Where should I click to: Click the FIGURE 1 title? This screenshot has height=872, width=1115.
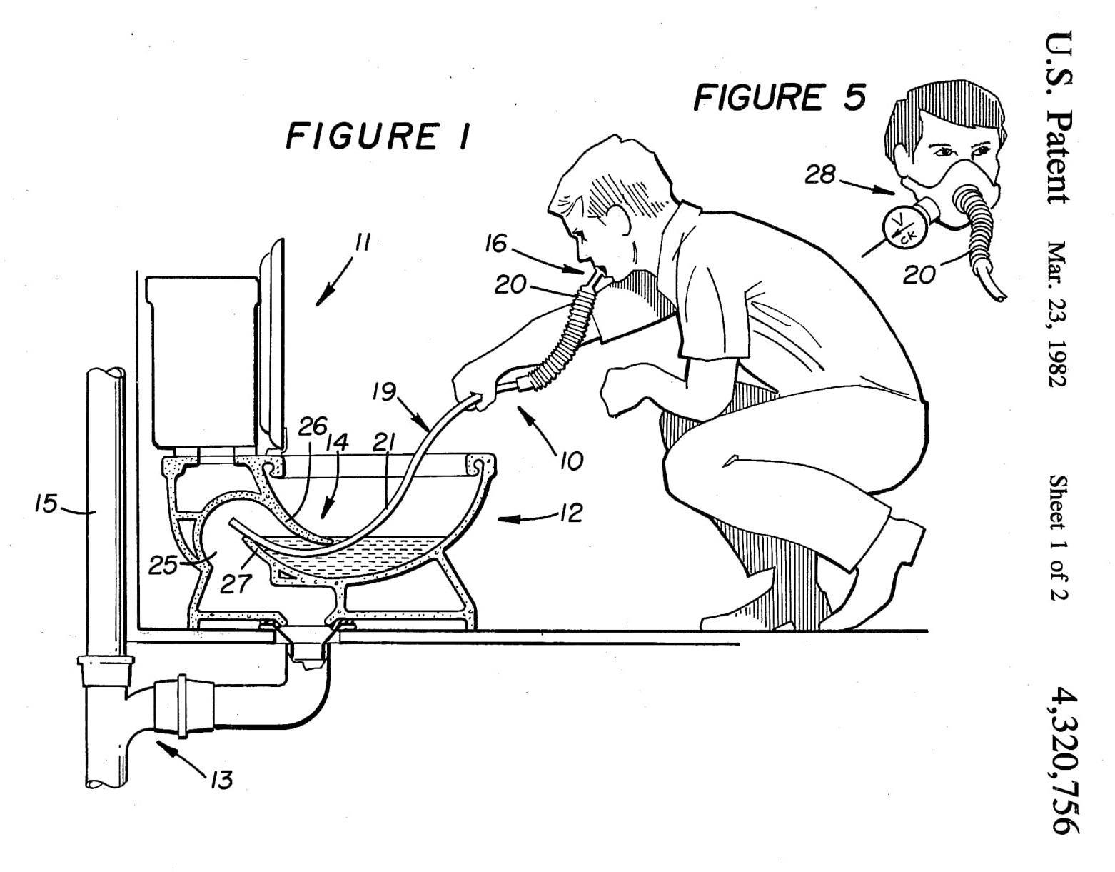point(378,136)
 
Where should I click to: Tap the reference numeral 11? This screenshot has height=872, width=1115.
point(362,244)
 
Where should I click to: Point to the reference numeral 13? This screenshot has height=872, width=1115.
point(221,780)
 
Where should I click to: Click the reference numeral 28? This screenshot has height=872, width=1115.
point(820,174)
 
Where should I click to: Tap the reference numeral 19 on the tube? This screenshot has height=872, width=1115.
point(384,393)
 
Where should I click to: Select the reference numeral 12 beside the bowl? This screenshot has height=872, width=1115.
point(571,513)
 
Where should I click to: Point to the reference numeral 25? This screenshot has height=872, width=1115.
point(163,566)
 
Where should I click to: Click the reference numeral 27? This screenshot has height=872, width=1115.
point(236,584)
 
